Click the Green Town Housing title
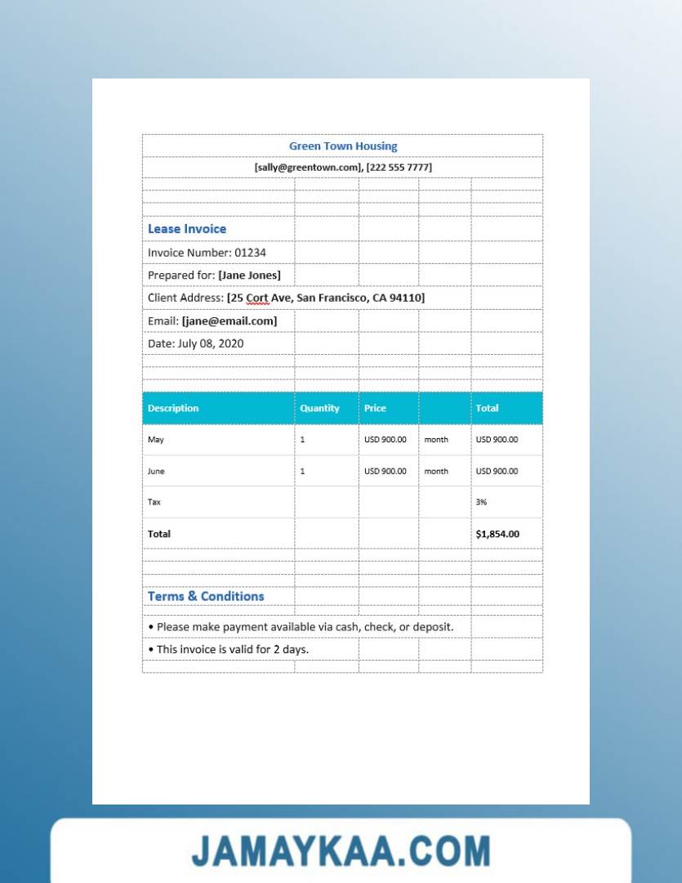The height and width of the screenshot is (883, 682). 343,146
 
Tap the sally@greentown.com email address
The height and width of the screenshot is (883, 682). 308,168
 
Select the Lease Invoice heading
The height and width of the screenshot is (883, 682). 187,229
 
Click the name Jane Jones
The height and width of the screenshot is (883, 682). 249,276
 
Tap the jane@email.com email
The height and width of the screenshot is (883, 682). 230,321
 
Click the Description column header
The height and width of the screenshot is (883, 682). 173,408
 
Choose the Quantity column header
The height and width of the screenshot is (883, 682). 319,408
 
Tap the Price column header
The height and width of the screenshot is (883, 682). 375,408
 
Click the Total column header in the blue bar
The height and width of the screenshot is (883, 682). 487,408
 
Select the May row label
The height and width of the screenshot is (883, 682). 156,440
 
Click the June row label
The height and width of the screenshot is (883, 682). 156,471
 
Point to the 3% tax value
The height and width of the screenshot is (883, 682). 482,502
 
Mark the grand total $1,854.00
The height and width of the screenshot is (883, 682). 497,534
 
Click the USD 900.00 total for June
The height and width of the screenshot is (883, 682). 497,471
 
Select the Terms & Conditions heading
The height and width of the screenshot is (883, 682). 206,596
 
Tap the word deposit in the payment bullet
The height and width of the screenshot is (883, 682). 432,627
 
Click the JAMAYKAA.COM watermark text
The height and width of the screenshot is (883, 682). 341,851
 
